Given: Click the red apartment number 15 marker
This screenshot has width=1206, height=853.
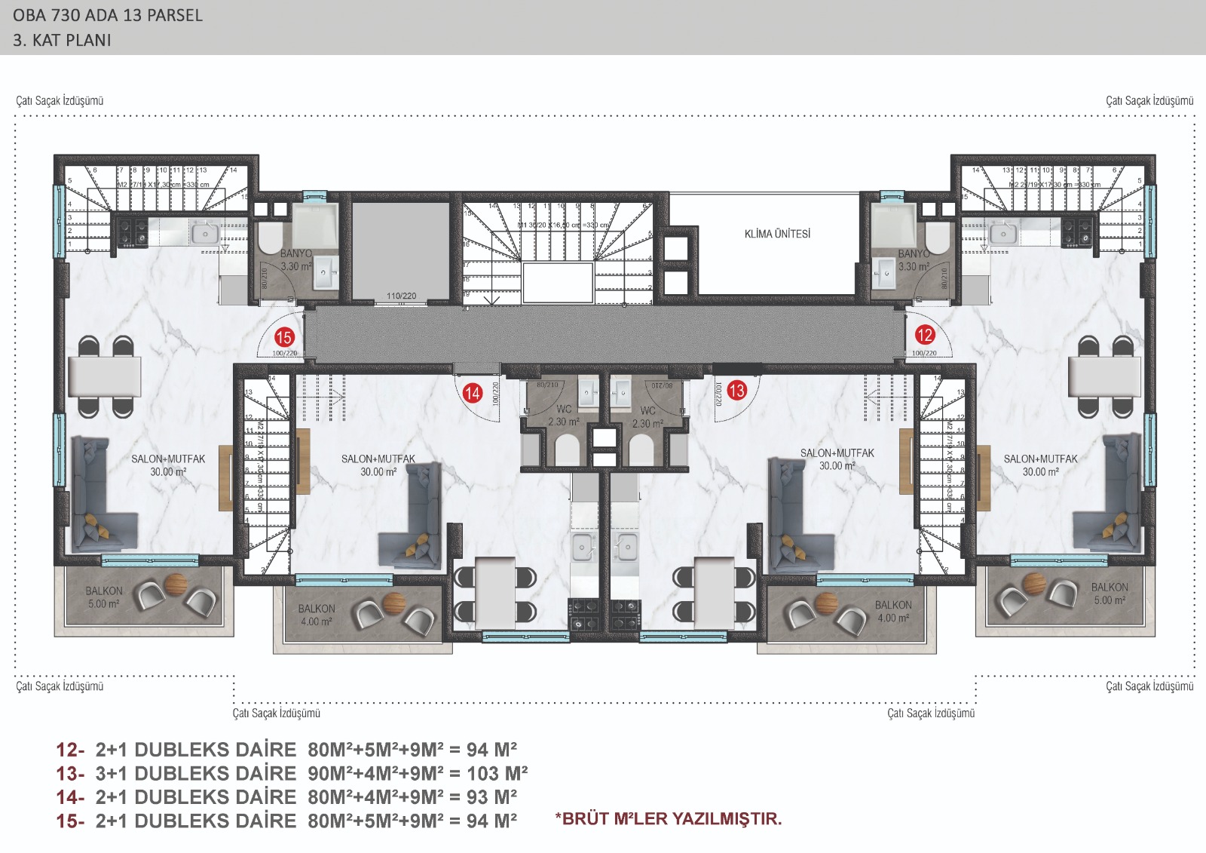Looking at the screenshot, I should pos(284,337).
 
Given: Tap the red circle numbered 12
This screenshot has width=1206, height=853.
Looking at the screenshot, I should pos(924,335).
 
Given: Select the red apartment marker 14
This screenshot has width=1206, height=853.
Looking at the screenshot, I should pos(473,392).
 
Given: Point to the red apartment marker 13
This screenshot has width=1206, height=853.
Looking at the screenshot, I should pos(736,390).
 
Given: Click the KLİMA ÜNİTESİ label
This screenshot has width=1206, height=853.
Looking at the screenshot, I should pos(777,234).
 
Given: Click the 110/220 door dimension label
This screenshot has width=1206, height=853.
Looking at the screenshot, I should pos(401,296).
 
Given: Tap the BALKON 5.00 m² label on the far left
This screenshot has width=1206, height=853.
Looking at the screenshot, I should pos(103,597).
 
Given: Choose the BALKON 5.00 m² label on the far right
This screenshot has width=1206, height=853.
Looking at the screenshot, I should pos(1110,594).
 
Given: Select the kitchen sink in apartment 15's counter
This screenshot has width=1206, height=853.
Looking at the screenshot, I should pos(204,234).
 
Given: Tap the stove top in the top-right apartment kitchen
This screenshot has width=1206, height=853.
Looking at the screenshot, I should pos(1076,231).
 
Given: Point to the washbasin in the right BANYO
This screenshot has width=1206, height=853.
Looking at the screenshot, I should pos(883,272).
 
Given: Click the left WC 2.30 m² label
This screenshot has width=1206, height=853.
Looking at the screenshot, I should pos(564,416).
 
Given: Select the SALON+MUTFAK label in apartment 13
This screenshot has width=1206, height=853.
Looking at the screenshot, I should pos(837,459).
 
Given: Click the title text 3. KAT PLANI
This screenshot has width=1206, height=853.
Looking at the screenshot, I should pos(62,41).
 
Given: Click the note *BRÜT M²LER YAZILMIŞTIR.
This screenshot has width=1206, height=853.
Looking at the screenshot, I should pos(669,818).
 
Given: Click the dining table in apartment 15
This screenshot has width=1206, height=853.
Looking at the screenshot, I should pos(104,376).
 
